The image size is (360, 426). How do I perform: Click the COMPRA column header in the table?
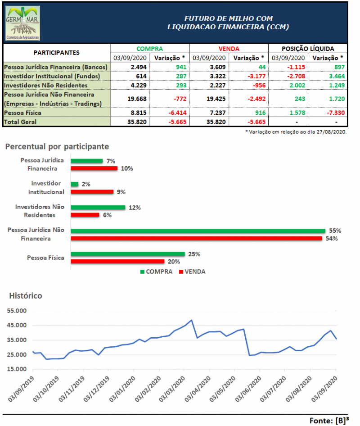149,49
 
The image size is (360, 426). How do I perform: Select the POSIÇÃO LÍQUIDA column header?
308,49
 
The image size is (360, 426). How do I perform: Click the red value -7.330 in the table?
333,113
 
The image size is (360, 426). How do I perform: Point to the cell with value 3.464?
333,76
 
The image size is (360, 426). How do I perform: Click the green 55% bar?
198,231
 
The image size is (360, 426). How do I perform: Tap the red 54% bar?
198,238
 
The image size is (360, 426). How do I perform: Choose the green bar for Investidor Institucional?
74,184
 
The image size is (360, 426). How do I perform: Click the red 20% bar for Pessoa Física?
117,261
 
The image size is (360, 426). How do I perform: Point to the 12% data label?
135,208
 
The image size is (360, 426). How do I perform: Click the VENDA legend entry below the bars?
192,272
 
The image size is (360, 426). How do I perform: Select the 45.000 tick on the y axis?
18,325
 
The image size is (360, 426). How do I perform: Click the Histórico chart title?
26,296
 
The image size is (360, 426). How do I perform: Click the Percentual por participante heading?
57,147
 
